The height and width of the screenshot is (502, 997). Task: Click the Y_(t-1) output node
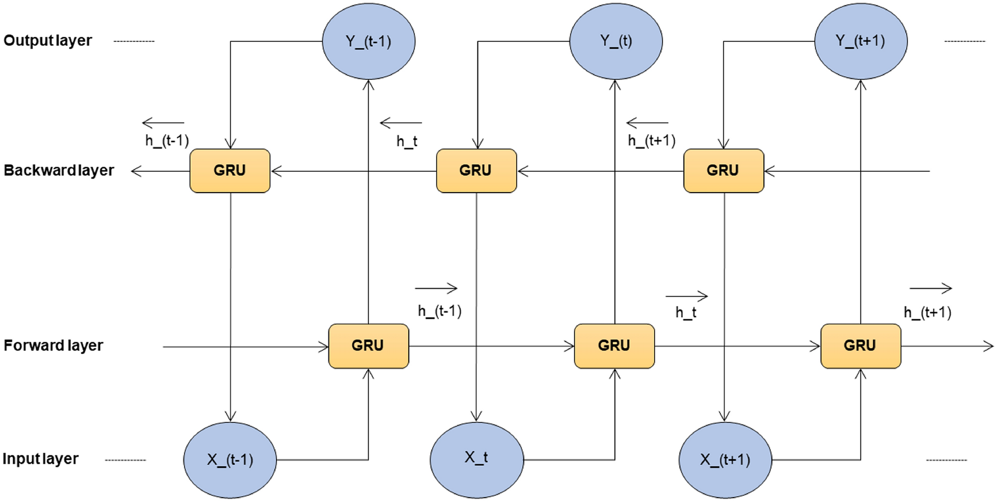click(369, 41)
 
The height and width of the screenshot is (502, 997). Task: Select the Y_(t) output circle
click(615, 41)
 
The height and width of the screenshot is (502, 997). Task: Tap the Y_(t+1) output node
click(860, 41)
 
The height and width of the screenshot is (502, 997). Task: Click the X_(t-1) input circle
click(230, 460)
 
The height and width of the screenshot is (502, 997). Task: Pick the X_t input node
click(476, 460)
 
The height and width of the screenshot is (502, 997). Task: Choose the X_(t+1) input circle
click(725, 460)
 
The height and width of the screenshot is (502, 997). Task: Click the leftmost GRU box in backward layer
click(230, 171)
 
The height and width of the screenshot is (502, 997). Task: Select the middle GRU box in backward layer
click(476, 171)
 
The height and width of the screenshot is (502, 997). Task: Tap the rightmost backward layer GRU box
click(723, 171)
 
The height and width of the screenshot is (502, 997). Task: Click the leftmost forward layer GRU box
click(369, 346)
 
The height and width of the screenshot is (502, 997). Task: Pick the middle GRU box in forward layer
click(614, 346)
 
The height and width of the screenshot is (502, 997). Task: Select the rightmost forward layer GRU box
click(860, 346)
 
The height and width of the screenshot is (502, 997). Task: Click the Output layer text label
click(48, 41)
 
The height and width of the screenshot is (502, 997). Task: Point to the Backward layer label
click(59, 171)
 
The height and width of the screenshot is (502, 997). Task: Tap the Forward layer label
click(53, 346)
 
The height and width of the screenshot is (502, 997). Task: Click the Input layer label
click(41, 459)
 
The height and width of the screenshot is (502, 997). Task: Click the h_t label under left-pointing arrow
click(407, 142)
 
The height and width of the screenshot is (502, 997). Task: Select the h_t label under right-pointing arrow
click(686, 312)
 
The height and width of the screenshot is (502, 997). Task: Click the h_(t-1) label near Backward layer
click(167, 141)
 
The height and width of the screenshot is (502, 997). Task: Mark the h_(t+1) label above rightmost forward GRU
click(927, 312)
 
